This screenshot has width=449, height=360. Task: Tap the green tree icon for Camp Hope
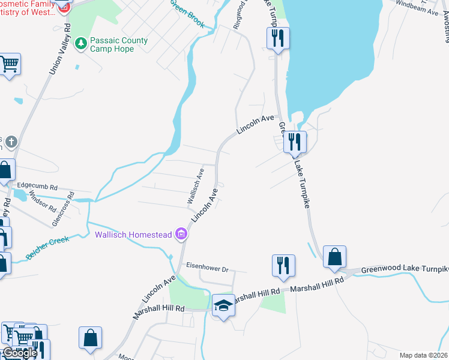point(80,43)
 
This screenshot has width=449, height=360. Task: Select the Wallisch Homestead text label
point(133,234)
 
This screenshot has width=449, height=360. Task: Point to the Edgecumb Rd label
point(37,187)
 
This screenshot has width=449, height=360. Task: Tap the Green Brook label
point(187,14)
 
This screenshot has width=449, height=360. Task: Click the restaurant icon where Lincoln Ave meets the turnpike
point(295,142)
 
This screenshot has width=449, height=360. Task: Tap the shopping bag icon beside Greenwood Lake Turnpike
point(334,256)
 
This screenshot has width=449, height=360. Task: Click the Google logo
point(19,353)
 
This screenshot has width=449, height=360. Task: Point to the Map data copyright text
point(424,355)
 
